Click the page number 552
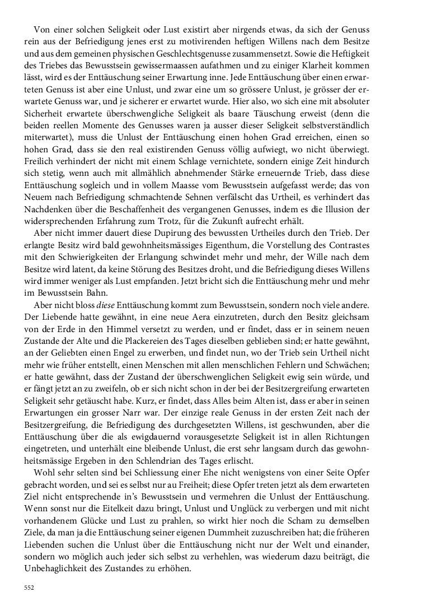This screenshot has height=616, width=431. point(29,588)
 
